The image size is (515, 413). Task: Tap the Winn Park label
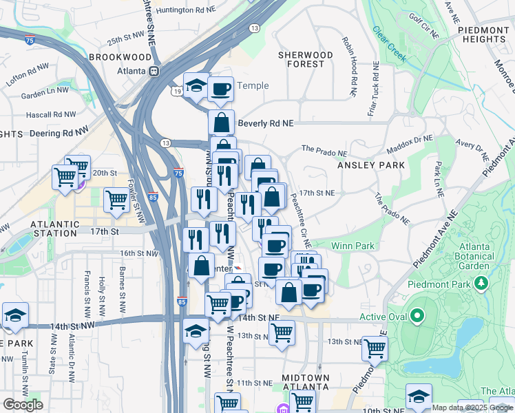pyautogui.click(x=353, y=246)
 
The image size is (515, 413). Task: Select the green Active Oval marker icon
pyautogui.click(x=416, y=317)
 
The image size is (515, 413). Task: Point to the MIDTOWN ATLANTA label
pyautogui.click(x=305, y=384)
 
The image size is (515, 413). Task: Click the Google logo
pyautogui.click(x=22, y=405)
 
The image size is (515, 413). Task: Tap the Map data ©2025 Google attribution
pyautogui.click(x=472, y=407)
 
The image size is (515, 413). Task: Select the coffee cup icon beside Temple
pyautogui.click(x=220, y=89)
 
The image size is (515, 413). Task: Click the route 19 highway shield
pyautogui.click(x=178, y=91)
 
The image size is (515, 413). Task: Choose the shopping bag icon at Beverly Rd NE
pyautogui.click(x=222, y=123)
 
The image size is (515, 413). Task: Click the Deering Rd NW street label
pyautogui.click(x=58, y=129)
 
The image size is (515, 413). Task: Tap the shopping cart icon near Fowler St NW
pyautogui.click(x=116, y=200)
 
